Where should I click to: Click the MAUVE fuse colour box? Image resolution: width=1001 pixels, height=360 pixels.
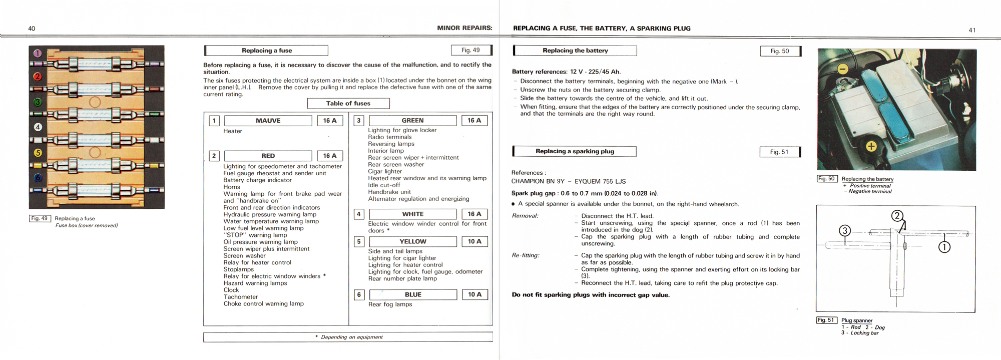(x=268, y=121)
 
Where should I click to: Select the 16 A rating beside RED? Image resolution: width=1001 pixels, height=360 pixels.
(x=330, y=156)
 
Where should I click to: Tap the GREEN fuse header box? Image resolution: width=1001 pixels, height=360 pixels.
(x=412, y=121)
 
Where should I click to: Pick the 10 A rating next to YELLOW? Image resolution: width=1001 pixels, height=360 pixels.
(x=474, y=241)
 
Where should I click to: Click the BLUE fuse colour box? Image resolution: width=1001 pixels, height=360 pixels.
(x=413, y=294)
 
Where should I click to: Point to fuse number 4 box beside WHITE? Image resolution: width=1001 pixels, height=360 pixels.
(x=359, y=214)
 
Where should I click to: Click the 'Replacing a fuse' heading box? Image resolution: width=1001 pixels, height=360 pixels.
(x=266, y=51)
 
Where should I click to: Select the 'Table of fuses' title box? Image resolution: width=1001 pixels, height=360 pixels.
(x=348, y=104)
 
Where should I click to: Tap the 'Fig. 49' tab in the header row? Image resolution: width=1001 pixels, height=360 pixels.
(x=471, y=50)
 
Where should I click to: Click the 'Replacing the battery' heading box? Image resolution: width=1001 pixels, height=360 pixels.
(x=575, y=51)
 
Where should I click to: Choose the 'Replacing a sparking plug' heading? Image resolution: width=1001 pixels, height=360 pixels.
(x=575, y=151)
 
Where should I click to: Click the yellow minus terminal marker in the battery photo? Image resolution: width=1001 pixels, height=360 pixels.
(x=843, y=69)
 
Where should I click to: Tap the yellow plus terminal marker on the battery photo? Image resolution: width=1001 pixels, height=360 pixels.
(x=871, y=146)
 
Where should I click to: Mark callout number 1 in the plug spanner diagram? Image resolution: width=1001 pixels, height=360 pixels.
(x=944, y=247)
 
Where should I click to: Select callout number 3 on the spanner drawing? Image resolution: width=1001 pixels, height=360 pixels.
(x=845, y=231)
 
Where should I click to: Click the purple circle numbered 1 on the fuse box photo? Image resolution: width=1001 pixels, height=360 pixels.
(x=38, y=54)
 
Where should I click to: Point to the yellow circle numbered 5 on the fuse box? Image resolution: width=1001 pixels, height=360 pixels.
(x=38, y=153)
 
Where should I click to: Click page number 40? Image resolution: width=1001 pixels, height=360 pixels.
(x=32, y=29)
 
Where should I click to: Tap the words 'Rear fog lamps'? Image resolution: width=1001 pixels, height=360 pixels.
(x=390, y=304)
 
